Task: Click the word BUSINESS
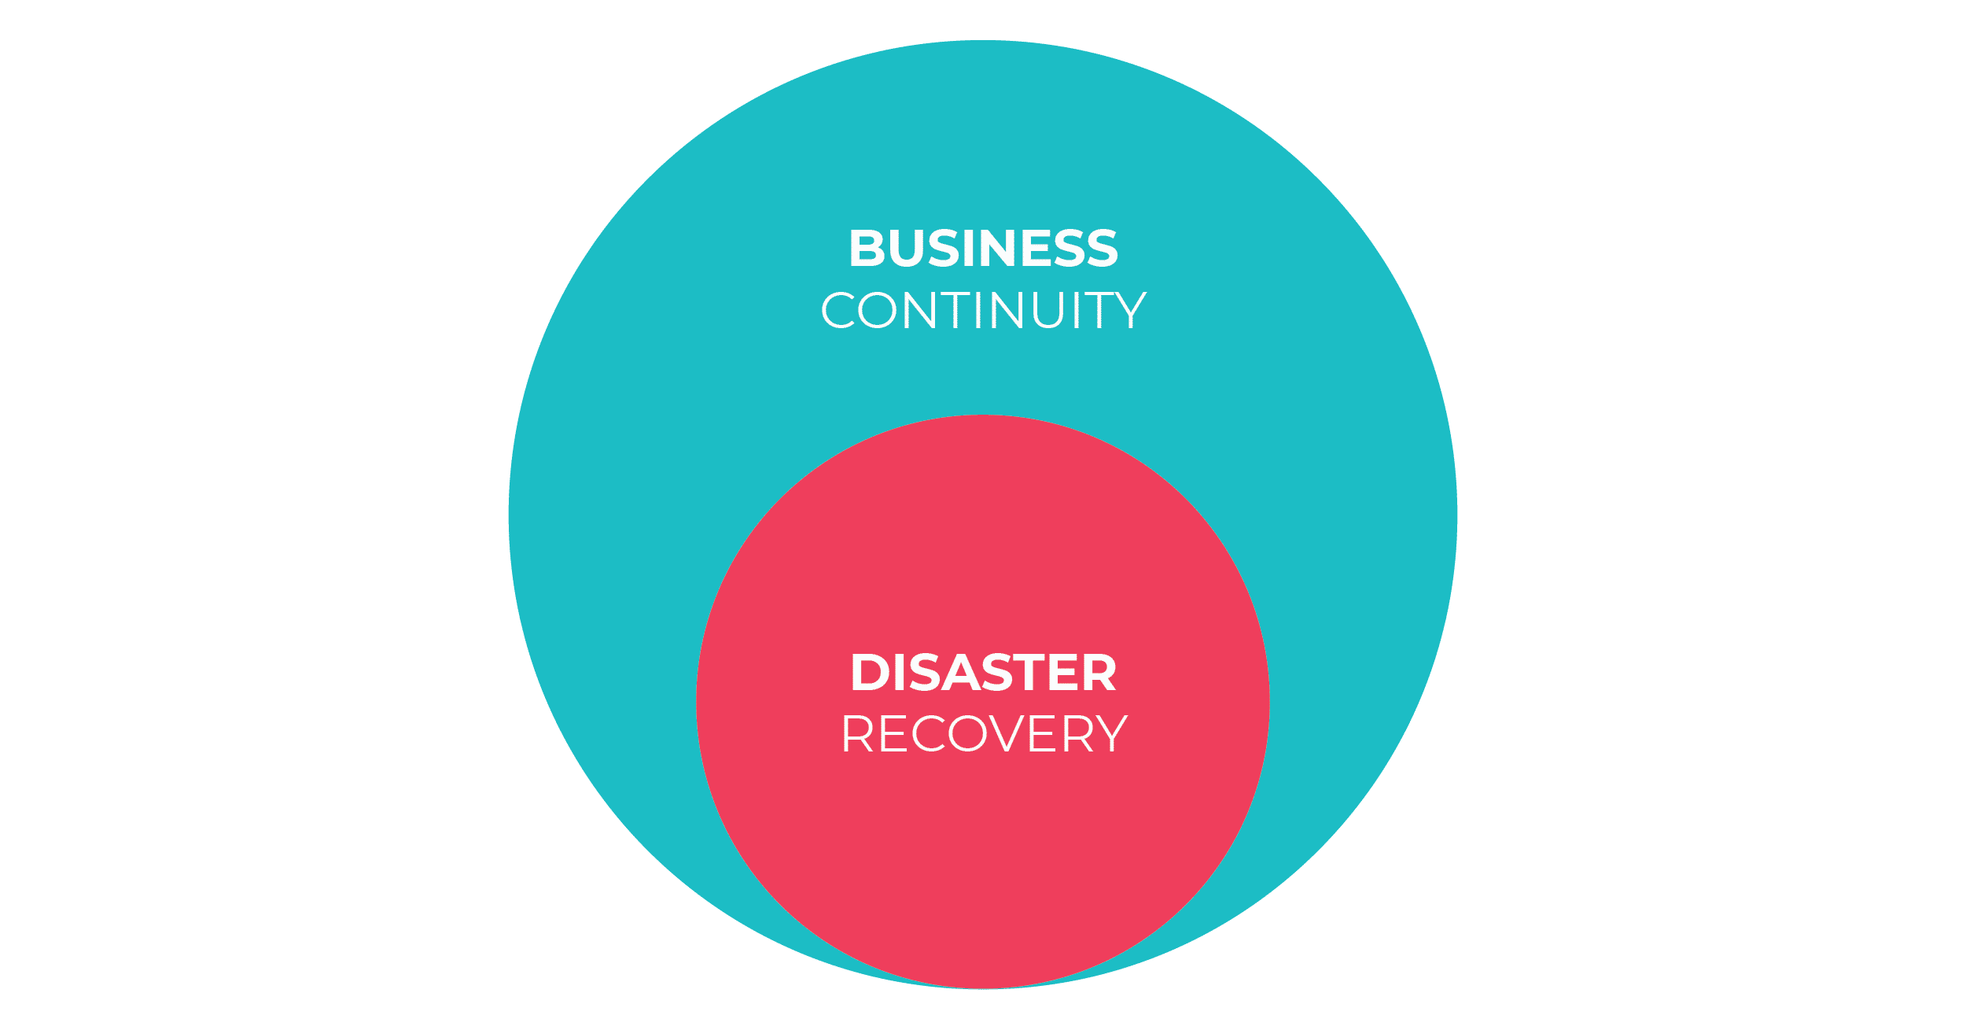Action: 983,249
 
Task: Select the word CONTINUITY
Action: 983,310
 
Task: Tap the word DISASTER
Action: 983,673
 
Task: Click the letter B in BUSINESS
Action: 868,249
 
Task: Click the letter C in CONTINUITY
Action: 838,310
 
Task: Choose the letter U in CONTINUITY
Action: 1051,310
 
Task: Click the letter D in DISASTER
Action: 870,673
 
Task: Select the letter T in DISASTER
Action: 1025,673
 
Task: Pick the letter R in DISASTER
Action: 1098,673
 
